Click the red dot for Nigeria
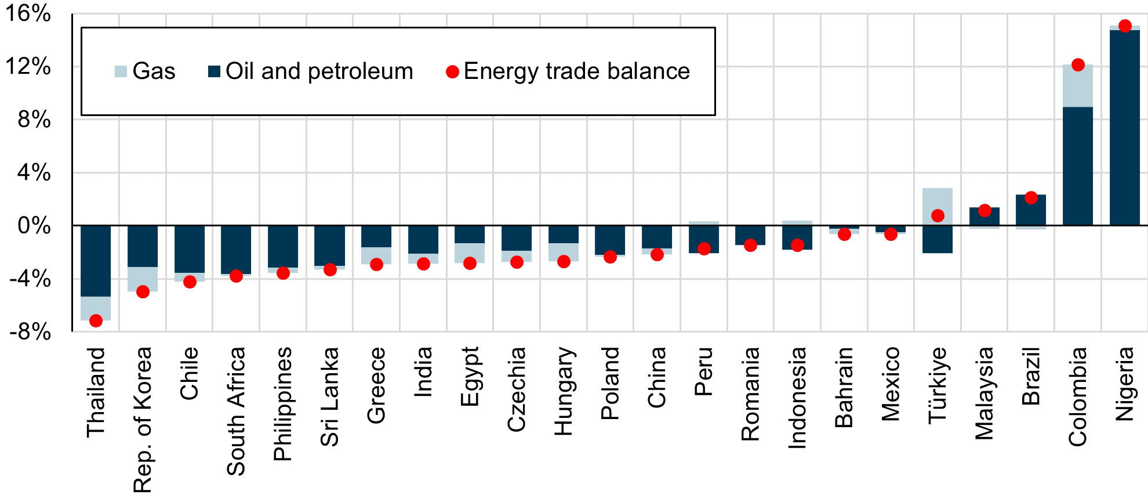(x=1125, y=26)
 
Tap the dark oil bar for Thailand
(x=96, y=261)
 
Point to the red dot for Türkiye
(x=938, y=216)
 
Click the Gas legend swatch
(x=121, y=72)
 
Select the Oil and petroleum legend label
(x=319, y=71)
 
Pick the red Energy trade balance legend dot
(x=452, y=72)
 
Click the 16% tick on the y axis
(x=28, y=13)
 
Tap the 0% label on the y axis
(x=34, y=226)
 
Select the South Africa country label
(x=236, y=411)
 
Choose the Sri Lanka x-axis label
(x=329, y=396)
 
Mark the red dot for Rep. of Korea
(x=143, y=292)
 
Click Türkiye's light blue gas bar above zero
(x=938, y=200)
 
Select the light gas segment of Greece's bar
(x=376, y=256)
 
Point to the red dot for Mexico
(x=891, y=234)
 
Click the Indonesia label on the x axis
(x=797, y=398)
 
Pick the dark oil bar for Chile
(x=190, y=249)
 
